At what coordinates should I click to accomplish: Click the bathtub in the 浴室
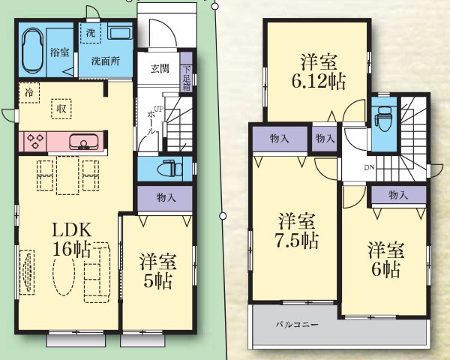33,51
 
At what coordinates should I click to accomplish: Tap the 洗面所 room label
106,61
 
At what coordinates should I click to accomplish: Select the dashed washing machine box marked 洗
91,33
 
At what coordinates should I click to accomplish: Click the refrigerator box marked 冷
29,93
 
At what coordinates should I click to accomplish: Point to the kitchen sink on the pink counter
83,142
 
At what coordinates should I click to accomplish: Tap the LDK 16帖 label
71,239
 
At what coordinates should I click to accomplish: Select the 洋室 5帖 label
157,271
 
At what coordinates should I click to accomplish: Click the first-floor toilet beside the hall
169,169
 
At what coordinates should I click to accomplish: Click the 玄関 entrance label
160,68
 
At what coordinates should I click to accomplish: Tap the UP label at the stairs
158,109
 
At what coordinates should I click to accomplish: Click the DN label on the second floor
369,168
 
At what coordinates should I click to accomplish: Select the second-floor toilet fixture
384,118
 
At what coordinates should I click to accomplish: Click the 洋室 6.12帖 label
319,71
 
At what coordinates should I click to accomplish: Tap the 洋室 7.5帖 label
295,231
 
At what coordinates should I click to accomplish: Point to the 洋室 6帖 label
386,259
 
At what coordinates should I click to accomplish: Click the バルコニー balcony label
297,325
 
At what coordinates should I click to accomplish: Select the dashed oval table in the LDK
64,275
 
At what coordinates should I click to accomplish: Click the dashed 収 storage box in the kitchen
61,109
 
